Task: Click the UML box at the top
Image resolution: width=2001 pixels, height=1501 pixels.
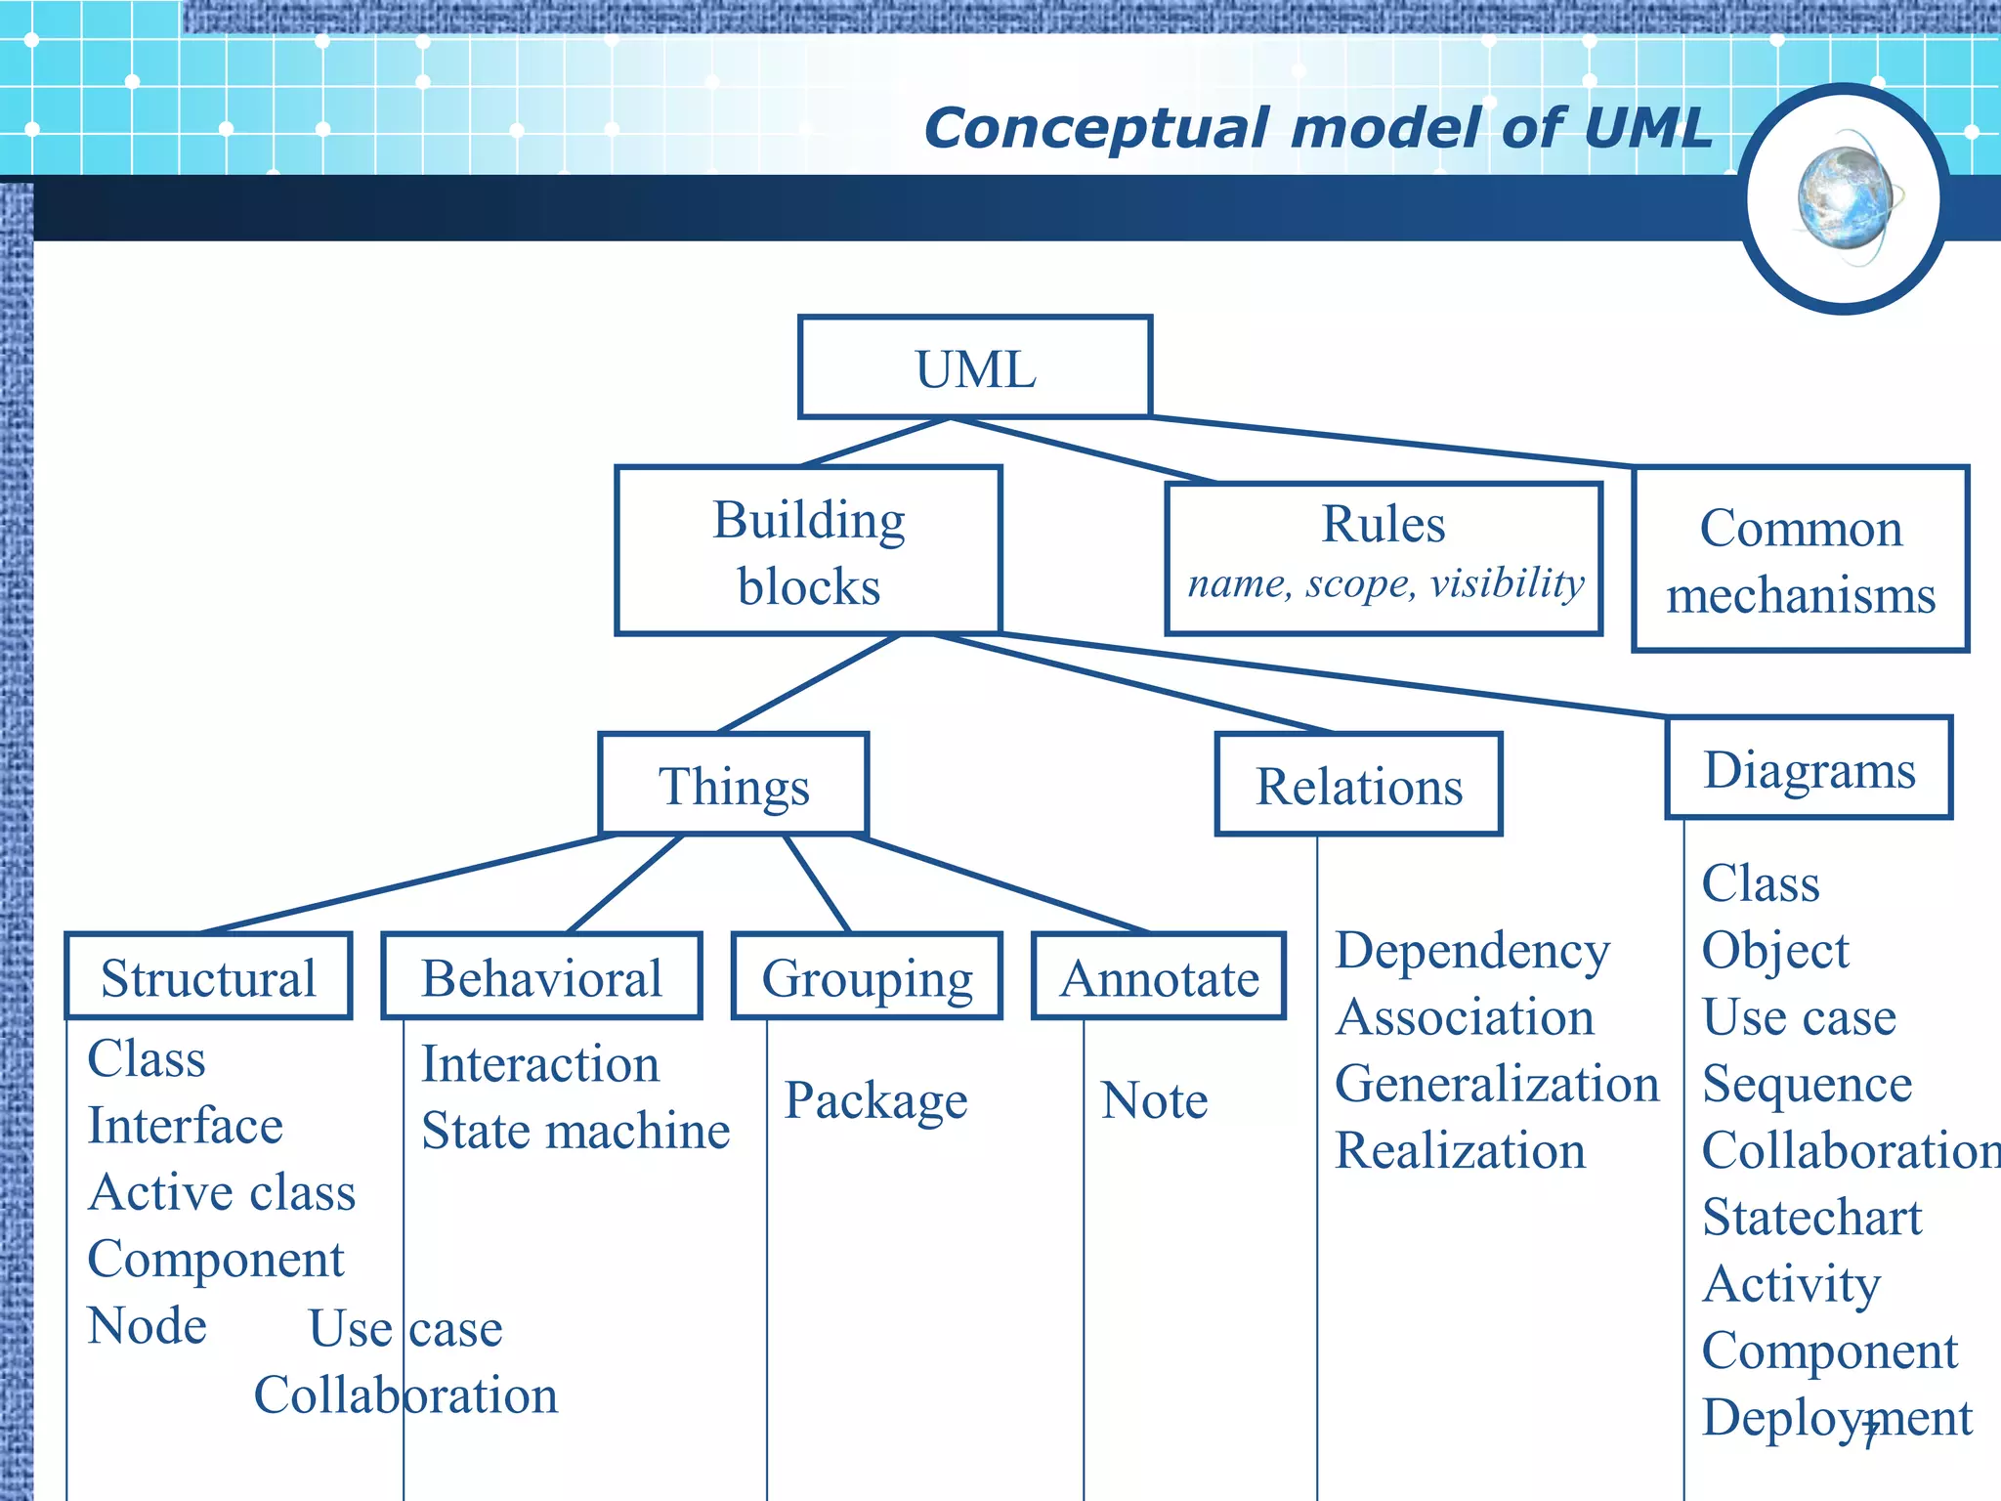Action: point(975,368)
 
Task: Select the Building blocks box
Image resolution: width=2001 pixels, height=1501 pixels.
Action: point(808,551)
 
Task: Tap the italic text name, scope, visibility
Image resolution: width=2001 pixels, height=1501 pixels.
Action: point(1384,583)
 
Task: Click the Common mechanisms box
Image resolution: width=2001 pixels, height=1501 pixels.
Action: point(1800,559)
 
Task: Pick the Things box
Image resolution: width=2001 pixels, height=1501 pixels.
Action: point(734,785)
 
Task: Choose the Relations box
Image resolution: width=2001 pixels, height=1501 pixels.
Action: point(1358,785)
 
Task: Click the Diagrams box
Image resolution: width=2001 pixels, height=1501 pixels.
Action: point(1809,768)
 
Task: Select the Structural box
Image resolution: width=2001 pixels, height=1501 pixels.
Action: point(208,976)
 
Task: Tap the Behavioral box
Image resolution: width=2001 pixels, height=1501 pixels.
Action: point(541,976)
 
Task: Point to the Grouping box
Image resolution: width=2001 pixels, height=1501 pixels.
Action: point(867,976)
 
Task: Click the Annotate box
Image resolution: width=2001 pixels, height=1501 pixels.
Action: point(1159,976)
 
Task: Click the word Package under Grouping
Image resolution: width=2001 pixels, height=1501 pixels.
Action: point(875,1100)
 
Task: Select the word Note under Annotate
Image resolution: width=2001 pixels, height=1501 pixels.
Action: point(1154,1100)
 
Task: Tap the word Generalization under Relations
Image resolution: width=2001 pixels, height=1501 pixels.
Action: point(1496,1084)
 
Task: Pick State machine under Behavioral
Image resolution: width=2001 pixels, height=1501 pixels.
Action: point(575,1131)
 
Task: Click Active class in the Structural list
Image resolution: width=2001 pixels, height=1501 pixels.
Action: point(222,1192)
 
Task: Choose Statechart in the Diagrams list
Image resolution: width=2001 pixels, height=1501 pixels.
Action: point(1810,1218)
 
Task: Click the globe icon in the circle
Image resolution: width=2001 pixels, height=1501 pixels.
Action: point(1845,199)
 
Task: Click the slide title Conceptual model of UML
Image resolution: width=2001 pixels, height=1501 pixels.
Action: point(1318,128)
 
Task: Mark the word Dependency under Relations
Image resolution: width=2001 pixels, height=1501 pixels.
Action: point(1471,950)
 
